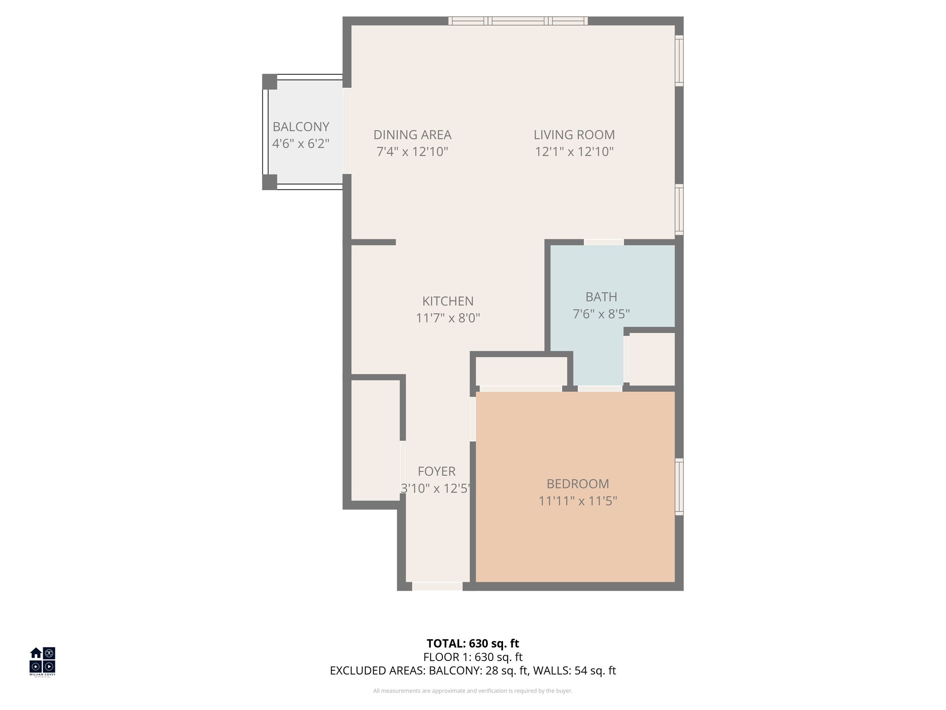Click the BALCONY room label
click(x=301, y=127)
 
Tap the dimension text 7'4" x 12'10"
click(x=412, y=152)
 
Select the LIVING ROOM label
click(x=574, y=135)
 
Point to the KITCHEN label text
click(x=448, y=301)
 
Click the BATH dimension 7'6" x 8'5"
click(x=601, y=314)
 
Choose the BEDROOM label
click(x=577, y=484)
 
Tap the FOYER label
click(x=437, y=471)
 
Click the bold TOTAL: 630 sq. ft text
click(x=473, y=643)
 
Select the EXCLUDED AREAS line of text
click(x=473, y=671)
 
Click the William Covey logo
click(x=42, y=661)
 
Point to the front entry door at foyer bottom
click(x=437, y=586)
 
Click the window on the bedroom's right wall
click(x=679, y=486)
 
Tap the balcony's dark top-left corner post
click(x=269, y=82)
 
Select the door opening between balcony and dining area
click(x=347, y=131)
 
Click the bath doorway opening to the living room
click(x=604, y=242)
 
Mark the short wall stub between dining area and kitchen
click(x=373, y=242)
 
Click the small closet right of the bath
click(x=652, y=359)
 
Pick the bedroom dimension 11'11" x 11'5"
click(x=577, y=501)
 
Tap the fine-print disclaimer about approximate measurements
click(x=473, y=691)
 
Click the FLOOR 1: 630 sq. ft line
click(x=473, y=657)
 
